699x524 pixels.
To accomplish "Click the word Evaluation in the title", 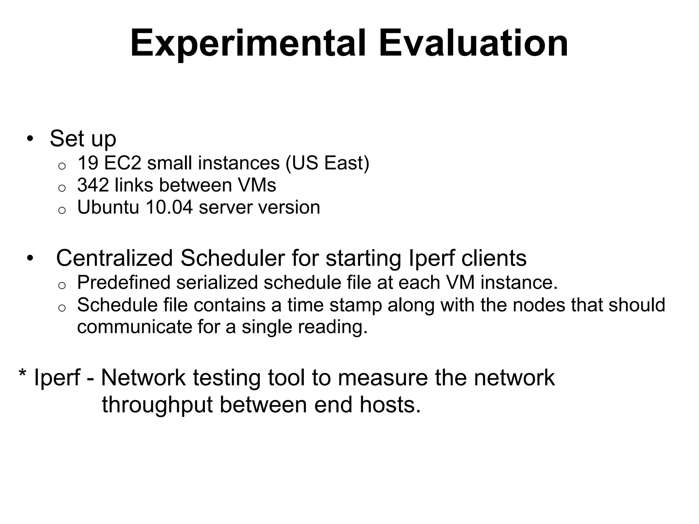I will (473, 44).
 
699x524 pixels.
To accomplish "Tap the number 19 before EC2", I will (88, 163).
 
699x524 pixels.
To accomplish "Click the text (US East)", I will (327, 163).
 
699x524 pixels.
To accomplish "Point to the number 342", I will (93, 185).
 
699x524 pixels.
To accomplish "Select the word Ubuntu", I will (108, 207).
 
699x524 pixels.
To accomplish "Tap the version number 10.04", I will (169, 207).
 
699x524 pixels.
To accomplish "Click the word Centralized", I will (115, 258).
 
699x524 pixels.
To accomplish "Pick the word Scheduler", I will (232, 258).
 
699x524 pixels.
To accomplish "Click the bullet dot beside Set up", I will (30, 139).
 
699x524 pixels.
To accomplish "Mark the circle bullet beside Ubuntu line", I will (62, 210).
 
